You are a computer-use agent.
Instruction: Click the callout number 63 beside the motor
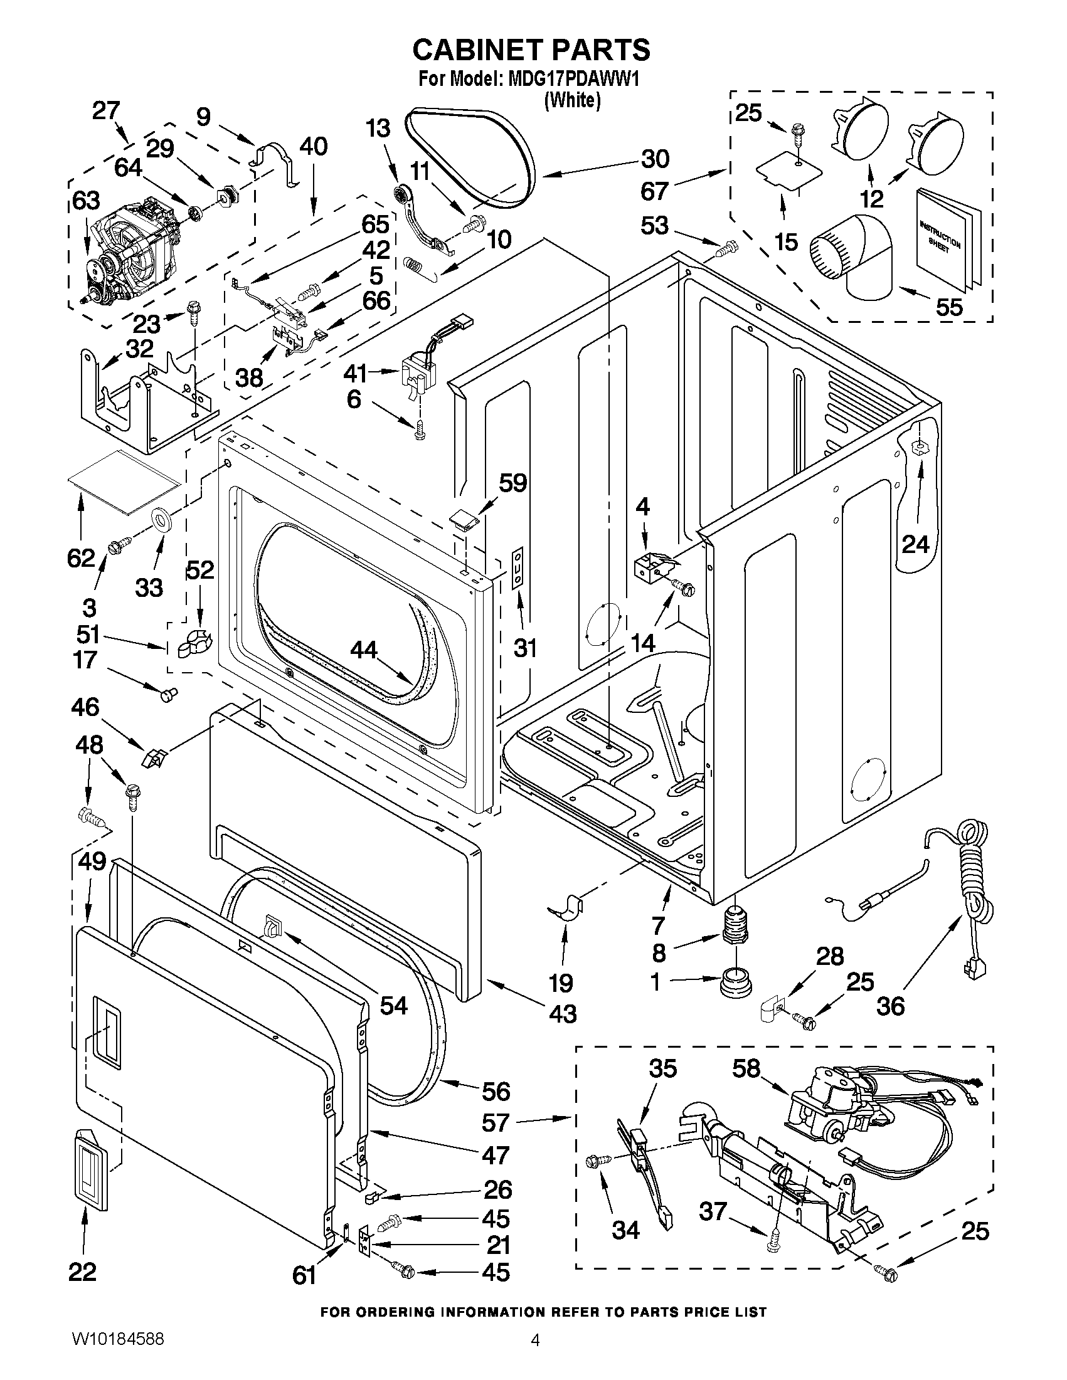click(x=85, y=201)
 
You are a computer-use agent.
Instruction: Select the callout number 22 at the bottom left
click(x=82, y=1271)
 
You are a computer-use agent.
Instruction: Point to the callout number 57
click(x=495, y=1122)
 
